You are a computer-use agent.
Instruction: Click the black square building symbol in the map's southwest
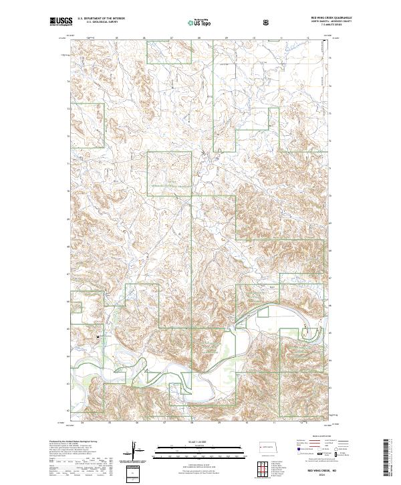[99, 336]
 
